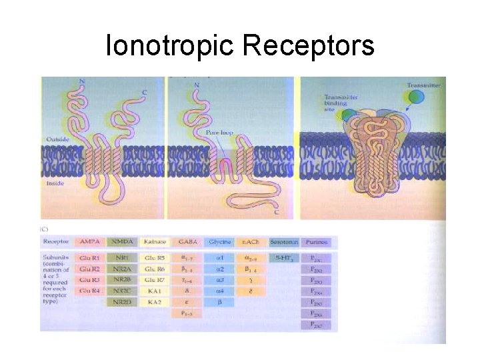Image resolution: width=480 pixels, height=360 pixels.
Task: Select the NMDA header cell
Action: pos(121,241)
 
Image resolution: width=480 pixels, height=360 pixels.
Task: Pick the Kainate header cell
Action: pos(154,241)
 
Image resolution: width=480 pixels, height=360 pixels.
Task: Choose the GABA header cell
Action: pos(187,241)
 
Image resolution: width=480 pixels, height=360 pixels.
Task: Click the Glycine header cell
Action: pos(219,241)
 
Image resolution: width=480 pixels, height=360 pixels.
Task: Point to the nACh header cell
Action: pos(251,241)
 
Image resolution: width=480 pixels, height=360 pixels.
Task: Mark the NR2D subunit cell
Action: pos(121,302)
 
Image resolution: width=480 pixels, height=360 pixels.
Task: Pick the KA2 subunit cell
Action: pos(154,302)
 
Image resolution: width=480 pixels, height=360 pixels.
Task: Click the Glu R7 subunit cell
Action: pos(154,280)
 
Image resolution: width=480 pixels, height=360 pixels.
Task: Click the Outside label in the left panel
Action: pos(57,139)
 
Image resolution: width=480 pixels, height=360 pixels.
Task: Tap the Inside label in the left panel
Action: pos(55,182)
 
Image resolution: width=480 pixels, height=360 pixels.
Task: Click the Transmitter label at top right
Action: pos(422,85)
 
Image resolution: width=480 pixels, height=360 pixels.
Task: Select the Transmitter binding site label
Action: pos(341,101)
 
